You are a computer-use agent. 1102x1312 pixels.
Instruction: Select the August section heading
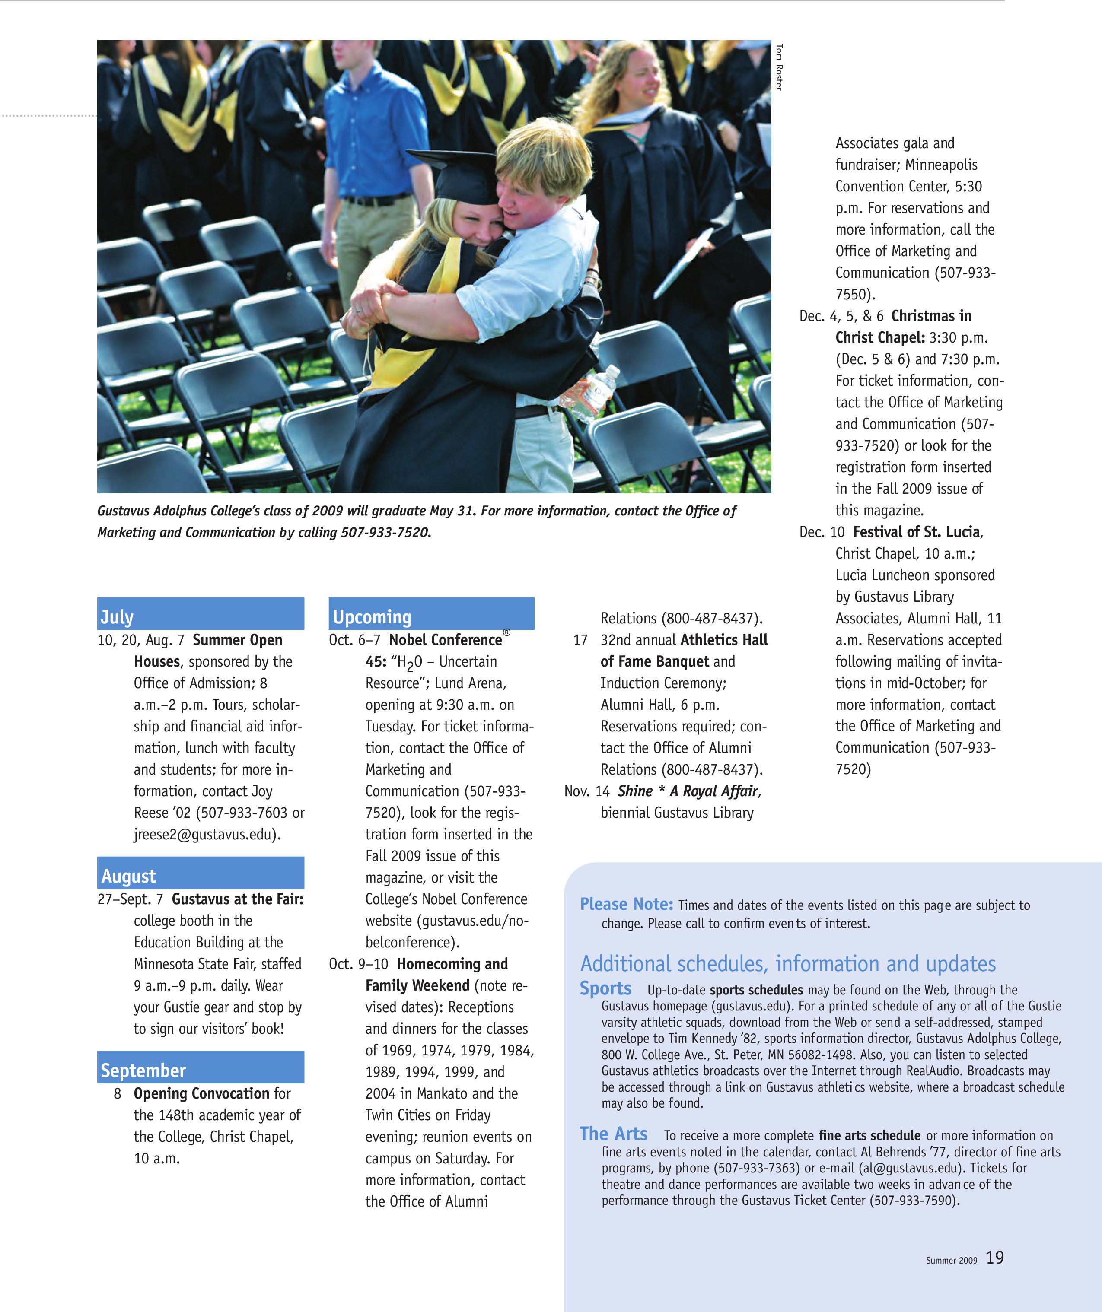tap(129, 876)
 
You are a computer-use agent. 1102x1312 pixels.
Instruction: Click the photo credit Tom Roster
tap(779, 67)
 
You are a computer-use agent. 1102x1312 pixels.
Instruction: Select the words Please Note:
tap(626, 904)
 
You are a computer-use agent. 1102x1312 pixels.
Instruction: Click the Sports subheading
tap(605, 988)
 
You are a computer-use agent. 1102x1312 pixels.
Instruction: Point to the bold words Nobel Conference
tap(446, 640)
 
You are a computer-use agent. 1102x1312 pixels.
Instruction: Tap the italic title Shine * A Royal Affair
tap(688, 791)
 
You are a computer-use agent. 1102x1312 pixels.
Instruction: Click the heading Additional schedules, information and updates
tap(787, 963)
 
